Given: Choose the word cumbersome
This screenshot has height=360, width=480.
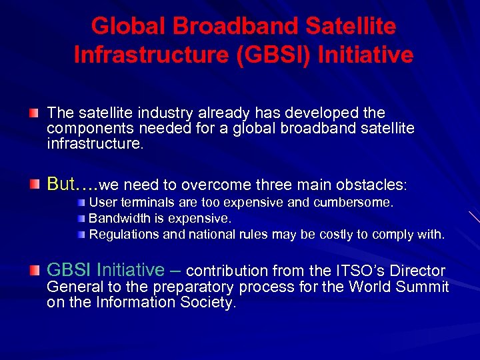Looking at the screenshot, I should tap(360, 202).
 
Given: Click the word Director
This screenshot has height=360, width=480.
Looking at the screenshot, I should tap(419, 271).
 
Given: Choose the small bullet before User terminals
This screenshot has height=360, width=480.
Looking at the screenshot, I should tap(81, 202).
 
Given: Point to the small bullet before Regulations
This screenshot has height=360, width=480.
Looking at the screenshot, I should tap(81, 234).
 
